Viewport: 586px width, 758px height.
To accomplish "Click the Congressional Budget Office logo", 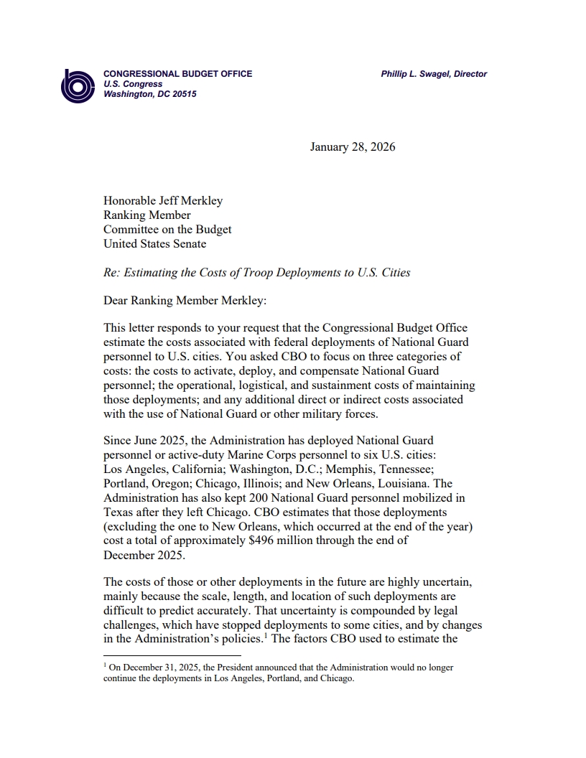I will tap(77, 86).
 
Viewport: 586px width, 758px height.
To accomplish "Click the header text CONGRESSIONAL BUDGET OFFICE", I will tap(177, 74).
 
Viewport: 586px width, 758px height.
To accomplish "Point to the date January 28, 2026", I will tap(353, 147).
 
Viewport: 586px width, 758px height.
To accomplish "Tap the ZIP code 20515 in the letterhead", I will tap(185, 94).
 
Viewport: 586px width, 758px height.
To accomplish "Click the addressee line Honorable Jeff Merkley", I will tap(163, 201).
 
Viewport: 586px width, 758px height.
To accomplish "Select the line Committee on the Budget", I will tap(167, 230).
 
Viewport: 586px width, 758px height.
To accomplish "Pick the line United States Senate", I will tap(154, 244).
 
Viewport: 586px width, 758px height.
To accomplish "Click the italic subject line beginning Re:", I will tap(256, 273).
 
